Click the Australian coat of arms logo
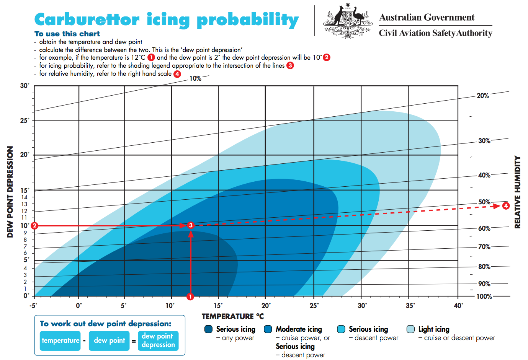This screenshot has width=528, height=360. coord(347,21)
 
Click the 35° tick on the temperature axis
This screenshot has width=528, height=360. coord(410,306)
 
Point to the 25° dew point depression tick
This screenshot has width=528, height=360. coord(25,121)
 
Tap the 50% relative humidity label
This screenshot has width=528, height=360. coord(484,202)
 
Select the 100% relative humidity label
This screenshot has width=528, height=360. coord(484,296)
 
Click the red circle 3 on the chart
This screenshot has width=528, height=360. coord(191,225)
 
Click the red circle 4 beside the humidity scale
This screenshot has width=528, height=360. coord(506,206)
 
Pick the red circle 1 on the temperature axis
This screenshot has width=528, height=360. coord(190,296)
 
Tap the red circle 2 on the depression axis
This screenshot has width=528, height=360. coord(34,226)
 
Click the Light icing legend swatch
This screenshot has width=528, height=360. coord(411,329)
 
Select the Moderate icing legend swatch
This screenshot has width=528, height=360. coord(268,329)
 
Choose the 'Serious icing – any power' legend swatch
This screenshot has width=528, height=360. coord(209,329)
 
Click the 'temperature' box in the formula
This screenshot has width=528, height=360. coord(60,340)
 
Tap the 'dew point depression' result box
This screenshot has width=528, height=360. coord(158,340)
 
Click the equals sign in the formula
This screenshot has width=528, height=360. coord(134,341)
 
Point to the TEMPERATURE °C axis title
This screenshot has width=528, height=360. coord(232,316)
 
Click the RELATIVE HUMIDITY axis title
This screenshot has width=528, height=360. coord(517,192)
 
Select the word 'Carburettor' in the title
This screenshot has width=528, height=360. coord(87,20)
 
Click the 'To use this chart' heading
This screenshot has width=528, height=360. coord(67,34)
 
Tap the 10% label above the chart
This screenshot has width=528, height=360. coord(195,78)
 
